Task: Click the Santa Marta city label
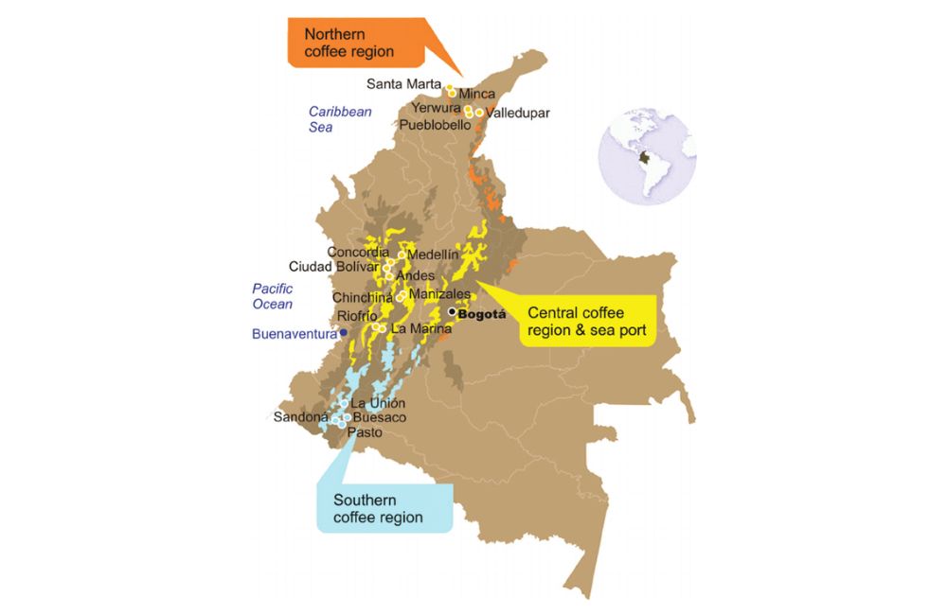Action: pos(404,83)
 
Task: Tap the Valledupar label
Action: pos(517,114)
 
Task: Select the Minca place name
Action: pos(476,95)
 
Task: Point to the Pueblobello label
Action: pos(435,125)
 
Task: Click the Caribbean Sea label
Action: pos(340,119)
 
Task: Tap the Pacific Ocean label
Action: pos(273,296)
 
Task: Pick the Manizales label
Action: pos(440,294)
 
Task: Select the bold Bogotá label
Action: pos(485,313)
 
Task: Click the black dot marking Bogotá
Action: pos(453,311)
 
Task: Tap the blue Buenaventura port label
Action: pos(295,334)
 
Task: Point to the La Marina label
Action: pos(416,329)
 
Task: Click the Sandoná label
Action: pos(300,416)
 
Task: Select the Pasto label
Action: pos(365,431)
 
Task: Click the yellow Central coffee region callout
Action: pos(586,322)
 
